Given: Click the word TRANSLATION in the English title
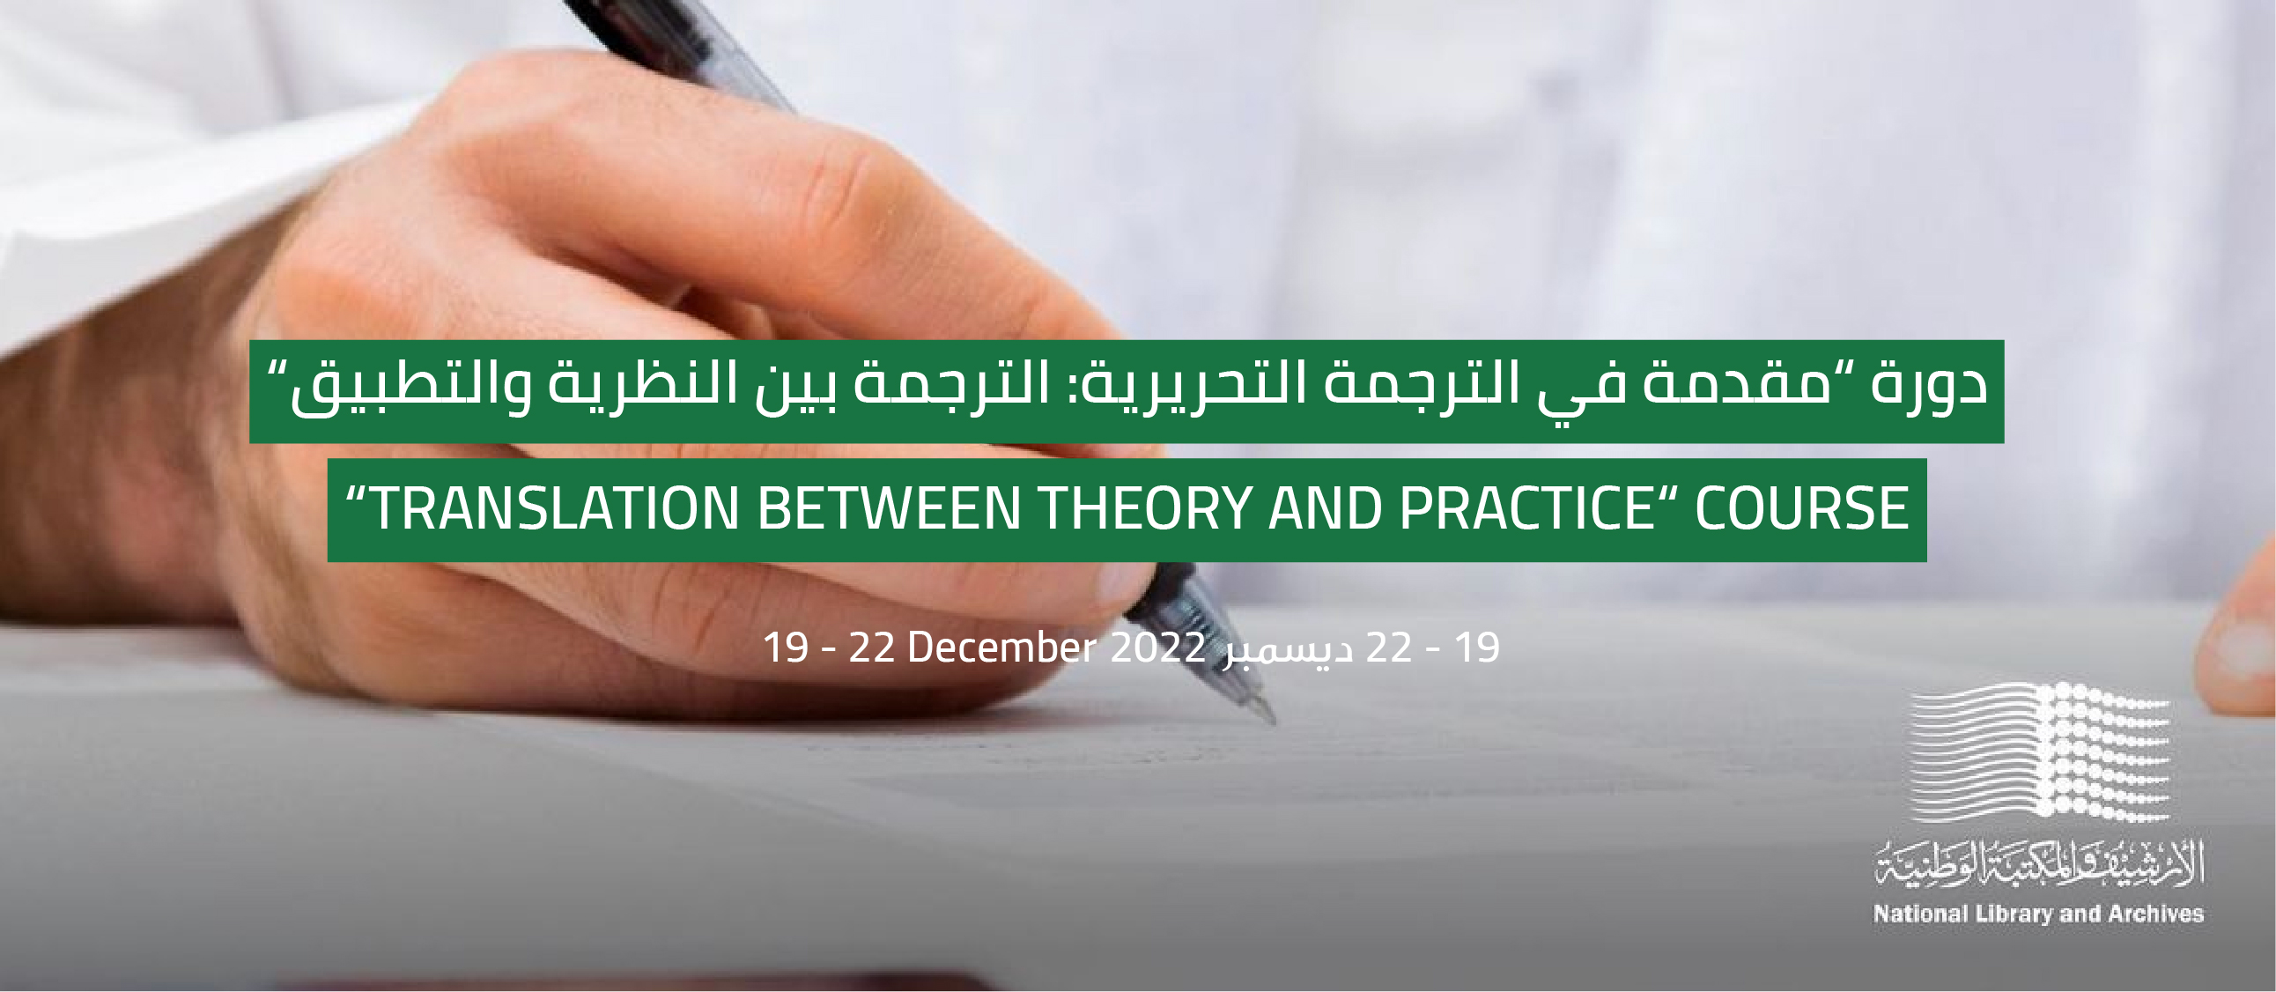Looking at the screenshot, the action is [x=553, y=509].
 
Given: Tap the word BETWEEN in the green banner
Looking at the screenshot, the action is [x=889, y=509].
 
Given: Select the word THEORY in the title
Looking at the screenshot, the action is [x=1144, y=509].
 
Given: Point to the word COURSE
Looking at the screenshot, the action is [x=1801, y=509].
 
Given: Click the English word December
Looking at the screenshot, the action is [x=1002, y=648].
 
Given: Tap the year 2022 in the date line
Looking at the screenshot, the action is [x=1157, y=648].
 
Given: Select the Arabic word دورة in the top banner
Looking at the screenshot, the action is [x=1927, y=386].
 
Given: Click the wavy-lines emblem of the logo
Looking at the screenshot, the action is [x=2042, y=750].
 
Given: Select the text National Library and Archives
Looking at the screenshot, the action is [x=2039, y=914].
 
